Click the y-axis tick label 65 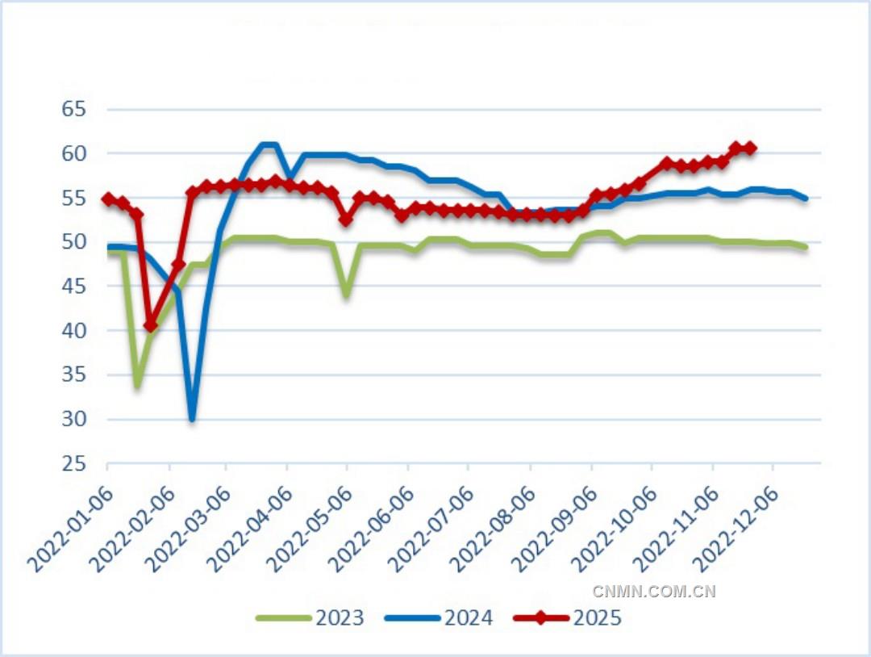tap(73, 109)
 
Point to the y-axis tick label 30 tap(73, 420)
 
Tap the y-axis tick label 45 tap(73, 287)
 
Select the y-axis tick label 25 tap(73, 464)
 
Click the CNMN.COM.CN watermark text tap(654, 592)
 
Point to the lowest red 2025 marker tap(151, 325)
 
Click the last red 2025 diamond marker tap(750, 148)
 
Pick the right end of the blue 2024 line tap(806, 199)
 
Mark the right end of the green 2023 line tap(806, 247)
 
